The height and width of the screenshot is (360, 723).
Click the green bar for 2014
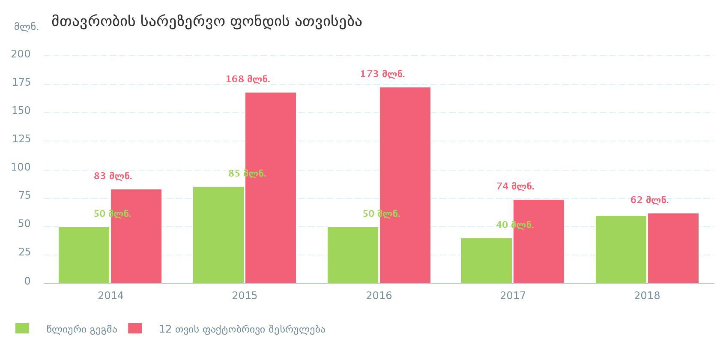84,255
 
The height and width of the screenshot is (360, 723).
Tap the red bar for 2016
405,185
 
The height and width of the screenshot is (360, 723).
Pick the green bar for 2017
487,261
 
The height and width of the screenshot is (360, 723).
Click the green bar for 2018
621,249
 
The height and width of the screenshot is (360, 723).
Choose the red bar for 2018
673,248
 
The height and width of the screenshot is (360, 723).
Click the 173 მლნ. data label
382,74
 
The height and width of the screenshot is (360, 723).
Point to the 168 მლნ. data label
248,79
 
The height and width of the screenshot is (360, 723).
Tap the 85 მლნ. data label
247,174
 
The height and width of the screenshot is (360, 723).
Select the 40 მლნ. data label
515,225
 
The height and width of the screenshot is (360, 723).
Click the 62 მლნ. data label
649,200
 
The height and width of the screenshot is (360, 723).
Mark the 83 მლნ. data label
113,176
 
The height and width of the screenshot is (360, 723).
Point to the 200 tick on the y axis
21,54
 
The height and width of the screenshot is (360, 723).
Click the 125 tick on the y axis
21,139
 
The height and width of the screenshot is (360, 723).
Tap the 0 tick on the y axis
27,281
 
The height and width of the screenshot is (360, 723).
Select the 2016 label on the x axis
379,296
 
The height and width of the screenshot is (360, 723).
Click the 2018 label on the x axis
647,296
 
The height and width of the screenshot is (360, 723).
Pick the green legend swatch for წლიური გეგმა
22,328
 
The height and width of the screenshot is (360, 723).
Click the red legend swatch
135,328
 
